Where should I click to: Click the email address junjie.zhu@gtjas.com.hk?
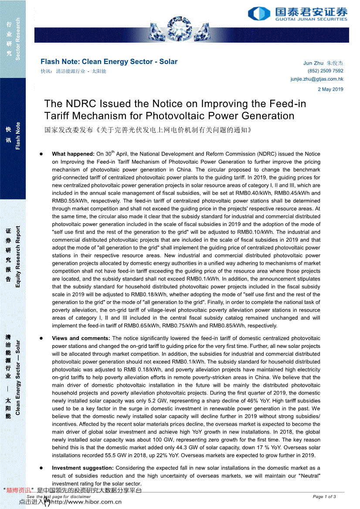[317, 79]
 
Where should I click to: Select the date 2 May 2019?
[330, 90]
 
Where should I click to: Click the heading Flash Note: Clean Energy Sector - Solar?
[109, 62]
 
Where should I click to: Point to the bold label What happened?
[73, 154]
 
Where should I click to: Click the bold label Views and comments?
[81, 338]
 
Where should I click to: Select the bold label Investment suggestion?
[85, 468]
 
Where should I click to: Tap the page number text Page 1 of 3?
[324, 496]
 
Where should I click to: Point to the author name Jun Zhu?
[313, 63]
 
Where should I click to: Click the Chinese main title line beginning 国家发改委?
[148, 130]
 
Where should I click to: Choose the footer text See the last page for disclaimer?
[58, 496]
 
